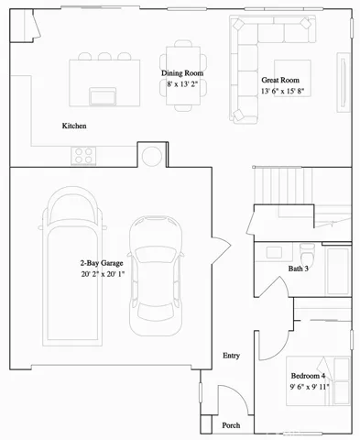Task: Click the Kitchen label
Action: pos(74,126)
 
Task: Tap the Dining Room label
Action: pos(182,72)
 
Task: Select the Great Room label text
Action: pos(281,79)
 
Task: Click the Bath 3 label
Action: pos(299,269)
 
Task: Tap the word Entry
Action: pos(232,356)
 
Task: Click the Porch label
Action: pos(233,425)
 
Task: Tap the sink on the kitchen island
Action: pos(99,94)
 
